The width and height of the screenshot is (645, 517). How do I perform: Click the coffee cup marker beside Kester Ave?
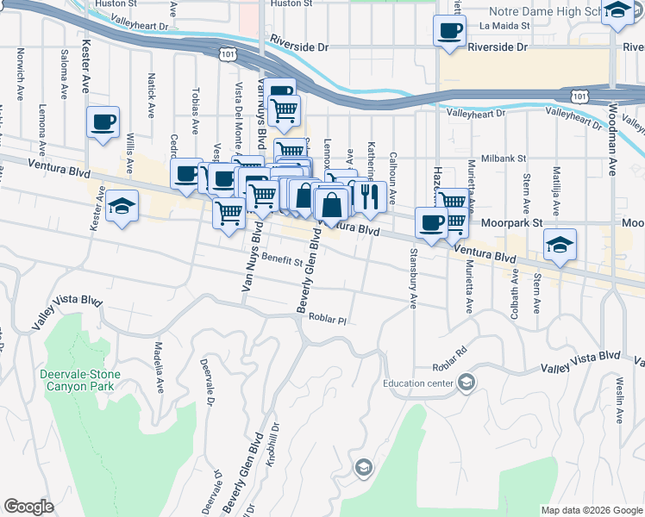click(x=103, y=121)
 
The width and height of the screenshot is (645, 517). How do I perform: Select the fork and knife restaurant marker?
click(x=370, y=196)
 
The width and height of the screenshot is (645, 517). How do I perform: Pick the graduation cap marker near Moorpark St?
click(x=560, y=245)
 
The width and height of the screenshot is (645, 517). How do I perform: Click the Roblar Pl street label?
click(x=328, y=321)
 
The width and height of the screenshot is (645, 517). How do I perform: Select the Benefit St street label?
click(x=283, y=259)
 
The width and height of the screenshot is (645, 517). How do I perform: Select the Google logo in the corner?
click(x=28, y=507)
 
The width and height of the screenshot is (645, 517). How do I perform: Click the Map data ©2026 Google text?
click(x=591, y=510)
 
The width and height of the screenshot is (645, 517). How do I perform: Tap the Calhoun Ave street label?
click(x=392, y=160)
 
